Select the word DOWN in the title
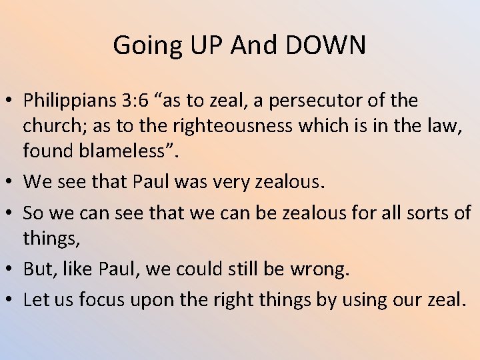pyautogui.click(x=327, y=45)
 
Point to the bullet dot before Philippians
pyautogui.click(x=11, y=102)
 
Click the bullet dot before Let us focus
pyautogui.click(x=11, y=300)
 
